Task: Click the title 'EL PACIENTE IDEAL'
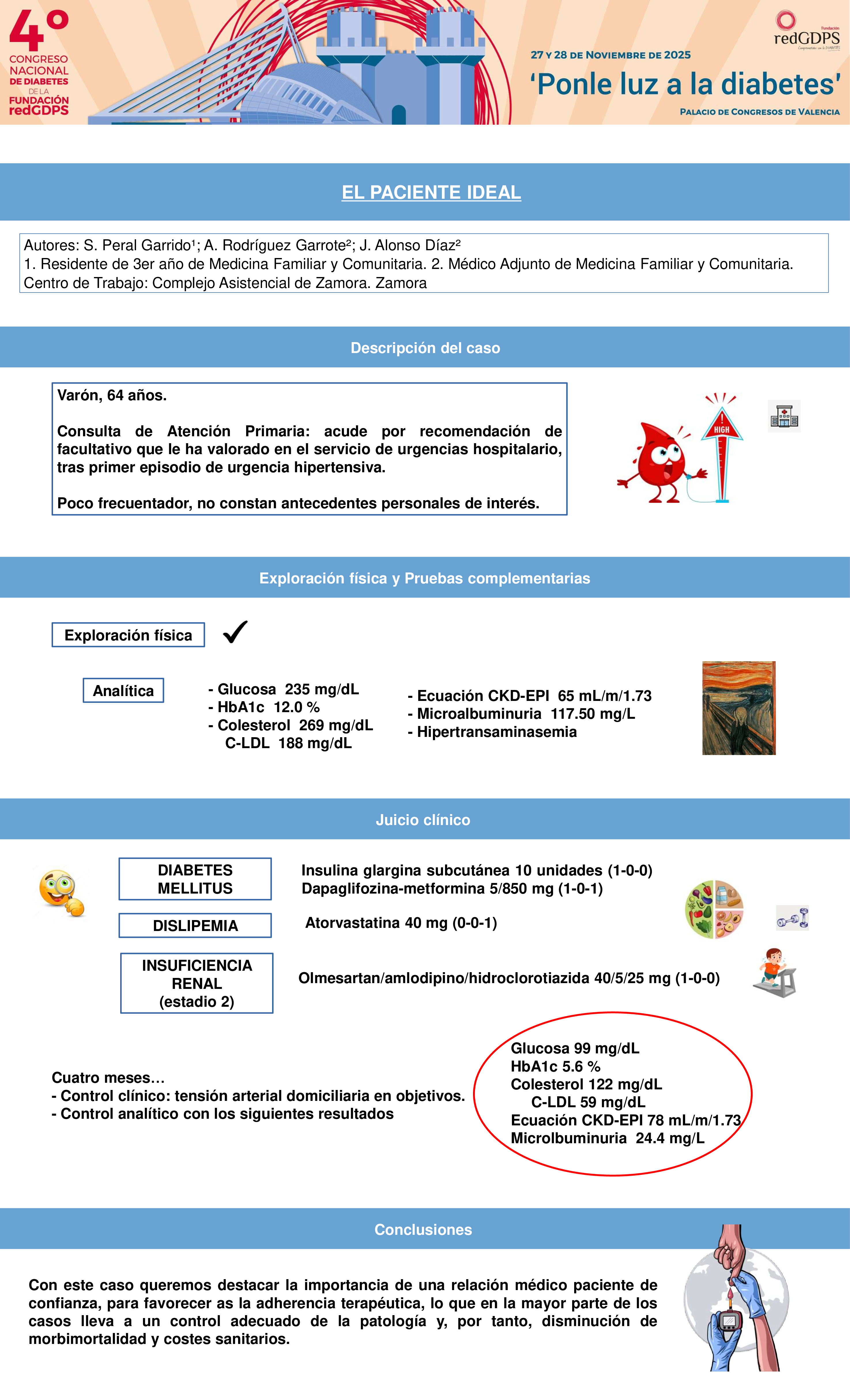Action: click(431, 192)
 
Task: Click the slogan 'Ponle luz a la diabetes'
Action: click(685, 84)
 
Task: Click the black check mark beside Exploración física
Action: click(235, 632)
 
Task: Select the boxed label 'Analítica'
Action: click(123, 691)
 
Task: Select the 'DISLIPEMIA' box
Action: click(195, 926)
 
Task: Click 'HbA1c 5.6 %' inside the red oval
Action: click(555, 1066)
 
